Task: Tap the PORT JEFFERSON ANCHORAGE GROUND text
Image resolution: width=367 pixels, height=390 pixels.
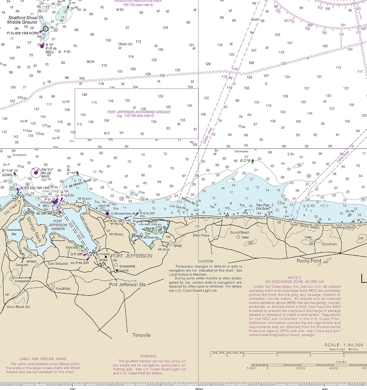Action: point(139,112)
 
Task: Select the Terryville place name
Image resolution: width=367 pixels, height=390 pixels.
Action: point(141,335)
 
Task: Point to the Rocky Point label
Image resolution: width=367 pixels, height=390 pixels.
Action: point(309,261)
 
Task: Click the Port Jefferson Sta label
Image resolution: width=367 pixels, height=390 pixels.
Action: point(128,285)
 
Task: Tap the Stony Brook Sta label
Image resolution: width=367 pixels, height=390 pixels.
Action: point(18,306)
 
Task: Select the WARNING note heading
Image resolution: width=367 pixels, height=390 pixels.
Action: point(148,356)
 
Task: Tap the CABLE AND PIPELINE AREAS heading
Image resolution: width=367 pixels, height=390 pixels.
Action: point(43,359)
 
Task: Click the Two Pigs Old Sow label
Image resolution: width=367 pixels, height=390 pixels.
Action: point(263,207)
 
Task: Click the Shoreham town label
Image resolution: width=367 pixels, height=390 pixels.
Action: point(330,244)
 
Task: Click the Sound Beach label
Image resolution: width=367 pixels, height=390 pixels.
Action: point(239,232)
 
